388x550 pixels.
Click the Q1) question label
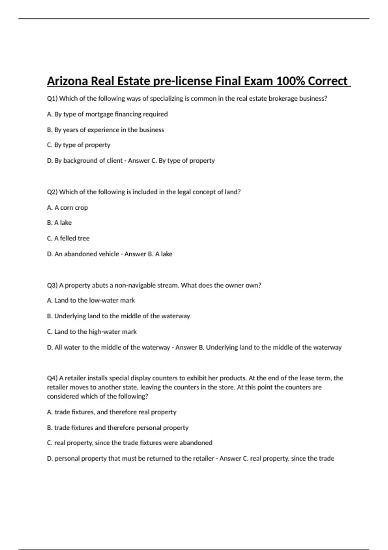52,99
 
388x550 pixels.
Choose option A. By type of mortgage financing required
107,114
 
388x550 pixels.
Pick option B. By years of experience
105,130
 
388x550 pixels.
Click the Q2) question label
52,192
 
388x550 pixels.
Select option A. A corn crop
67,208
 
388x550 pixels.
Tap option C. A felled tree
68,238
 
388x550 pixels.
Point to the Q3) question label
52,285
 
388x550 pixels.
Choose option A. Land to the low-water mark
91,301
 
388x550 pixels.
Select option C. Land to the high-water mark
92,332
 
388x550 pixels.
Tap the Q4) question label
52,378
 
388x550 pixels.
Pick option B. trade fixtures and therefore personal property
117,428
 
